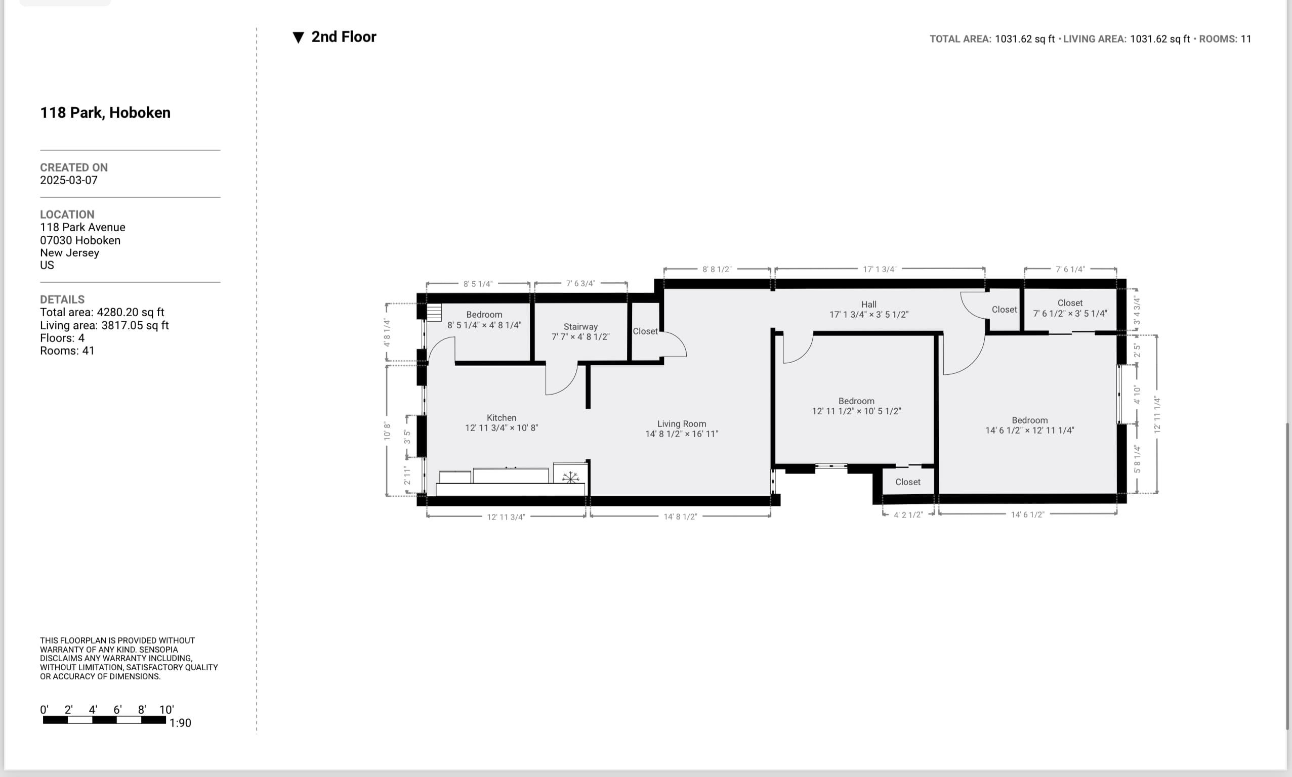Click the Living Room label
click(x=681, y=423)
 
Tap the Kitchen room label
click(x=501, y=417)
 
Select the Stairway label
click(x=580, y=326)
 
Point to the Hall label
click(x=868, y=304)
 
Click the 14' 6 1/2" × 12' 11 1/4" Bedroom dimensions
click(x=1029, y=430)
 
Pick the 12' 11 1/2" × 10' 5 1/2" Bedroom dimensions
click(x=856, y=411)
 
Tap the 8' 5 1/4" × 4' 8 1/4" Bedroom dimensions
click(x=484, y=325)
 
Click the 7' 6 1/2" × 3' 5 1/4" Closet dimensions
click(x=1069, y=314)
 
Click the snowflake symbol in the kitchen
click(x=570, y=477)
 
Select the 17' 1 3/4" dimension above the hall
click(x=880, y=269)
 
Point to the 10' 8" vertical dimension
click(x=387, y=431)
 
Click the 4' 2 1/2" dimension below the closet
click(x=907, y=514)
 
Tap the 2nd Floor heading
click(x=344, y=36)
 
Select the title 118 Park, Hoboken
click(x=105, y=113)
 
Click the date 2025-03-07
click(x=69, y=180)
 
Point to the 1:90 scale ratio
click(x=180, y=723)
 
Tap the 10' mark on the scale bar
click(x=166, y=709)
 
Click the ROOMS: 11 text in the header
click(x=1225, y=39)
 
